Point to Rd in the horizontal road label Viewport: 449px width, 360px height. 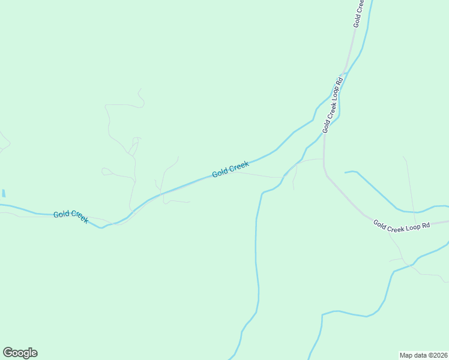[427, 226]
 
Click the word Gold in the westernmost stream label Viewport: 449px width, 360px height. [61, 214]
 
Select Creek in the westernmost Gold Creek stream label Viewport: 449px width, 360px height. [79, 217]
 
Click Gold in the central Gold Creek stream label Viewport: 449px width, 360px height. [220, 173]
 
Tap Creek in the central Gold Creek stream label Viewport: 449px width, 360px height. [239, 167]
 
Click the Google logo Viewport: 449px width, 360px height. [20, 353]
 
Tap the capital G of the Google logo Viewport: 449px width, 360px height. [8, 353]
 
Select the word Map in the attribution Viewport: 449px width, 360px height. [407, 355]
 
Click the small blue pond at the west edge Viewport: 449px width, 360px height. [4, 193]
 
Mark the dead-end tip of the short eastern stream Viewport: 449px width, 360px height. [345, 173]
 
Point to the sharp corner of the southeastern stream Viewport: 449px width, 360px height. [323, 314]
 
